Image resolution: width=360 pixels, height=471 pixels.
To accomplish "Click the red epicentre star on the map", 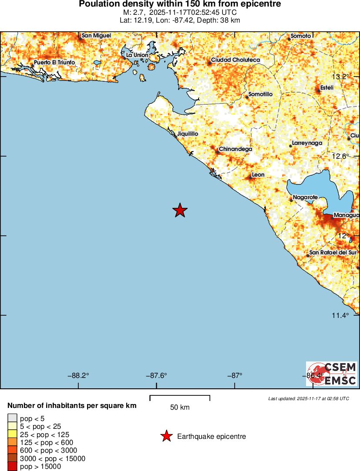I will click(180, 210).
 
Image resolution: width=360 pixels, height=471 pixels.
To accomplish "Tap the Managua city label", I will click(346, 215).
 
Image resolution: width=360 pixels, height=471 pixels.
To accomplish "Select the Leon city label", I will click(258, 175).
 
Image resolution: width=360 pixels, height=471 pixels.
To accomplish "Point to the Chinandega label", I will click(235, 149).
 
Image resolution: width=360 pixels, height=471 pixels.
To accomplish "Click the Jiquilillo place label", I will click(188, 134).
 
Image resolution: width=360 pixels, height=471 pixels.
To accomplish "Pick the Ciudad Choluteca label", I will click(235, 60).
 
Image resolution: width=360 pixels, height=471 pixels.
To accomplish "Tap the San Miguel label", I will click(96, 36).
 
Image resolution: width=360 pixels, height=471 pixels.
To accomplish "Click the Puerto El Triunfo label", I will click(54, 63).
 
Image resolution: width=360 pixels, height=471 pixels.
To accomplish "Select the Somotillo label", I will click(260, 94).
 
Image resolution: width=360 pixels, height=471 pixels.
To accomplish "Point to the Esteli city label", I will click(326, 87).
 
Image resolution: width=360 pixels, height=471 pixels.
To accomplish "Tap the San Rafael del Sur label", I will click(333, 252).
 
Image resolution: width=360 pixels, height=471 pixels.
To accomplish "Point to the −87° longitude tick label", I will click(234, 375).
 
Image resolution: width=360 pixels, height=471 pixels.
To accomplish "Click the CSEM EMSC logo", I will click(332, 374).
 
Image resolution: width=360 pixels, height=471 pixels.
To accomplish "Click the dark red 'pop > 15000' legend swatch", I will click(12, 467).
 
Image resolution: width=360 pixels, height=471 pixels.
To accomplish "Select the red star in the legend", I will click(166, 436).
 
